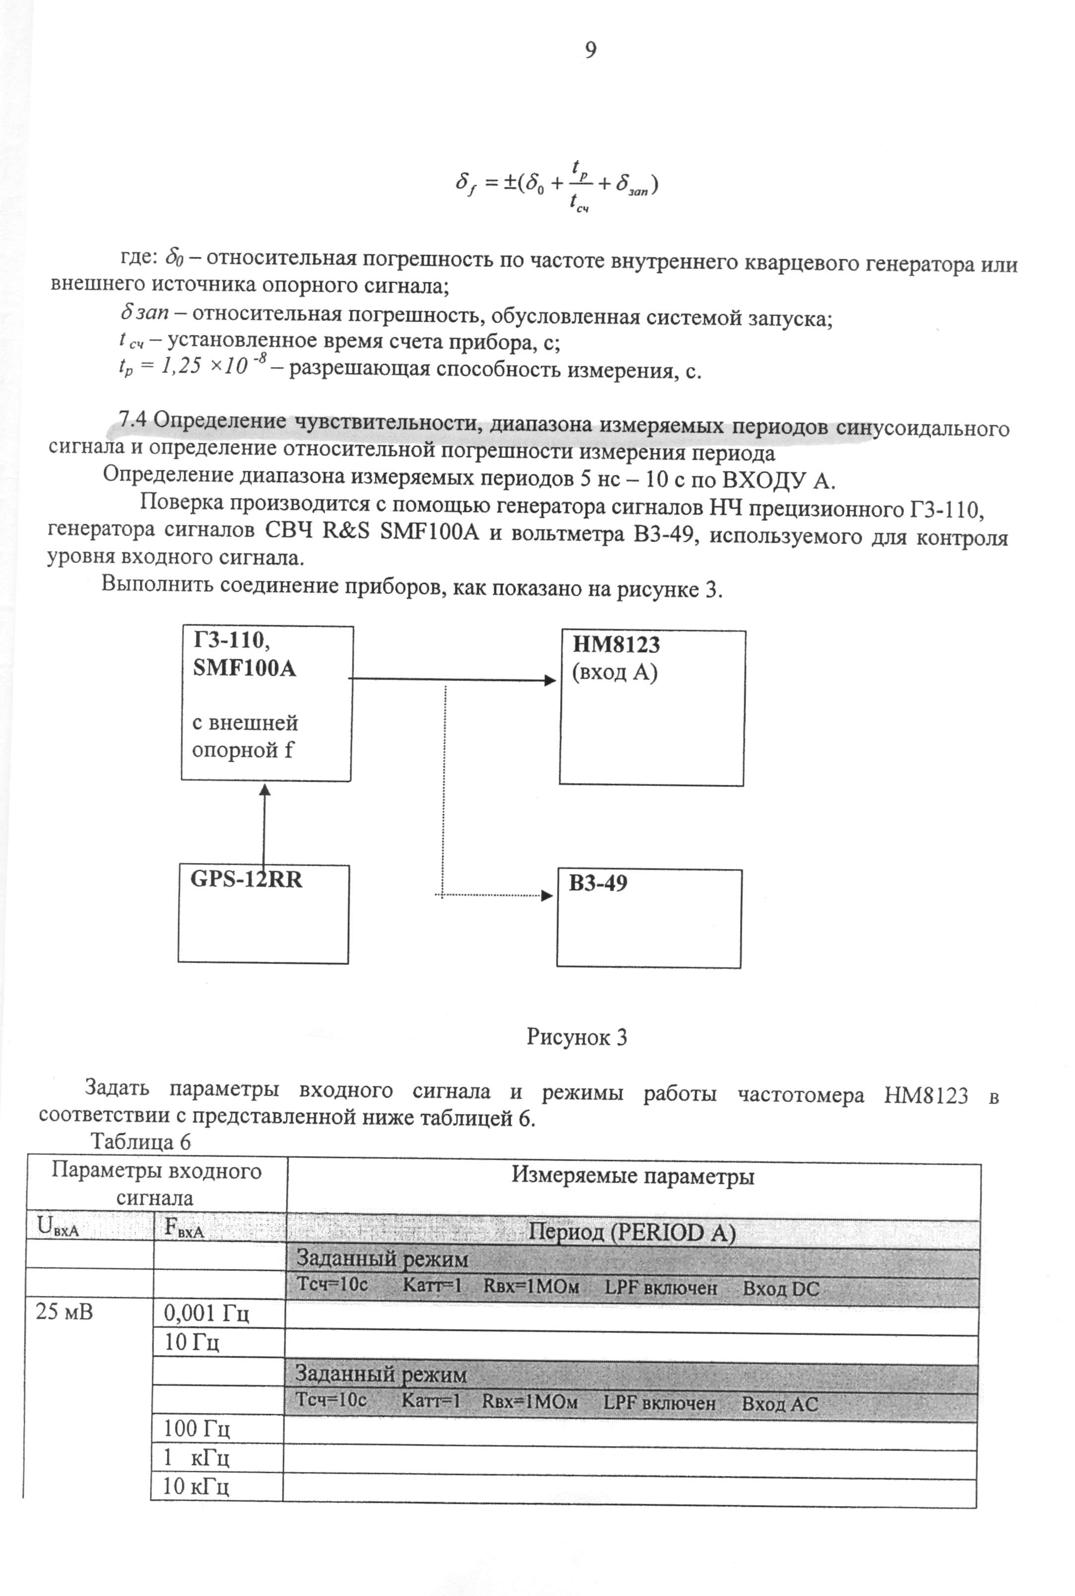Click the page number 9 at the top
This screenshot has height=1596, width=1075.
[x=590, y=50]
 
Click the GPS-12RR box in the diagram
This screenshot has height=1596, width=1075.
[x=263, y=913]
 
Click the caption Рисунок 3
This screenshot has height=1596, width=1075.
[x=577, y=1037]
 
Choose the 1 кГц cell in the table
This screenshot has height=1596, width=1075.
[x=196, y=1457]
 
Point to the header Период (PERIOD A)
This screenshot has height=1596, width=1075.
[x=631, y=1234]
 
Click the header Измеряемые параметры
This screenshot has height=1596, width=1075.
[x=633, y=1177]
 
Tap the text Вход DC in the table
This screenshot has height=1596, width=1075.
[x=781, y=1289]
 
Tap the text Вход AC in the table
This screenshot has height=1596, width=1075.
[x=780, y=1404]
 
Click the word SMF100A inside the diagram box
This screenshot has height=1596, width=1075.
[x=244, y=668]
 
